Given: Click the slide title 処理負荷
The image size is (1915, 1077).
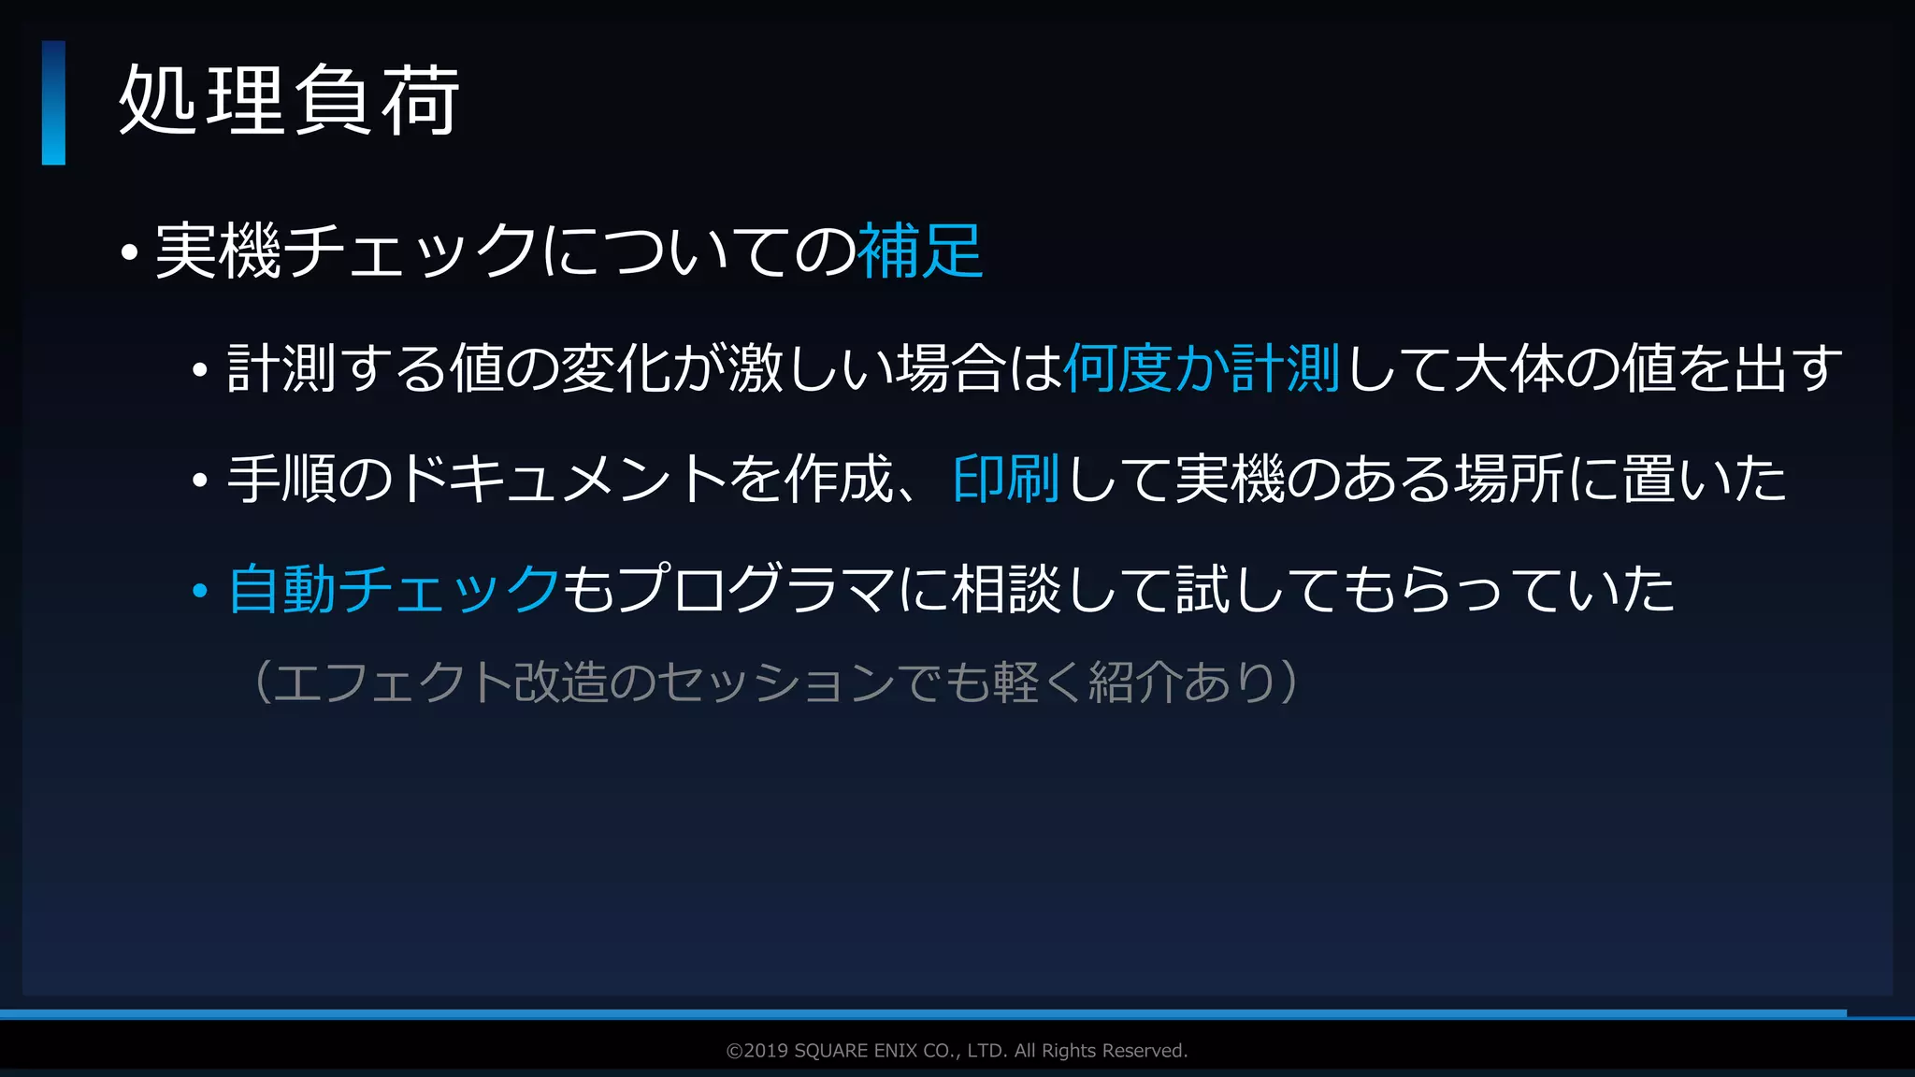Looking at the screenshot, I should tap(289, 101).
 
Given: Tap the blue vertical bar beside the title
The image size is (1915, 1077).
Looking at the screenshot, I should tap(53, 103).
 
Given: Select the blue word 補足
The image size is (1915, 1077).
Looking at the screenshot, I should tap(920, 251).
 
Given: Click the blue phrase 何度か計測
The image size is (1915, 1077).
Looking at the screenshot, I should tap(1202, 368).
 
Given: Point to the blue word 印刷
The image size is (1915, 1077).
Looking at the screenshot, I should tap(1006, 479).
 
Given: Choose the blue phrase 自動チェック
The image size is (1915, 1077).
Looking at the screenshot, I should tap(394, 589).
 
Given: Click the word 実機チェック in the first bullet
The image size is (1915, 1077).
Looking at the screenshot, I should tap(346, 251).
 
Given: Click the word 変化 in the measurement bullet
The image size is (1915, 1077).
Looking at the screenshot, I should tap(615, 368).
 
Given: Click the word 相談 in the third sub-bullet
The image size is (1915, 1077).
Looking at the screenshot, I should tap(1006, 589).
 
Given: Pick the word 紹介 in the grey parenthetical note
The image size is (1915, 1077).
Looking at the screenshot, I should tap(1135, 682).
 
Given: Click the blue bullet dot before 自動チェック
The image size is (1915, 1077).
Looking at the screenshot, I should tap(199, 592).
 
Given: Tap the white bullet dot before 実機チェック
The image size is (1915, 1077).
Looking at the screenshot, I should tap(129, 252).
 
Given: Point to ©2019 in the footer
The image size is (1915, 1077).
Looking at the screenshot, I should tap(756, 1051).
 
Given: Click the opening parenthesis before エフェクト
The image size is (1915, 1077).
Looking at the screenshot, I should tap(262, 682).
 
